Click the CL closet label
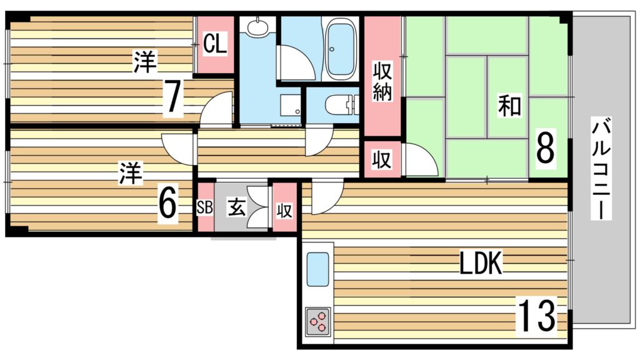coord(215,44)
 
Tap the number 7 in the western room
coord(172,97)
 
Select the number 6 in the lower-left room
coord(167,203)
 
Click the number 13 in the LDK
coord(536,315)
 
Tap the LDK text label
coord(481,262)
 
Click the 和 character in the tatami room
coord(510,106)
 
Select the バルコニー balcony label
coord(601,168)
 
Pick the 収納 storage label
coord(382,81)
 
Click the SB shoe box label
coord(204,207)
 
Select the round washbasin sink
coord(257,27)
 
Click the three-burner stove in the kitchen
coord(318,321)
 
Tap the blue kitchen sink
coord(317,269)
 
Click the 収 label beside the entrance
coord(284,211)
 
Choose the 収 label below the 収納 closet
coord(382,159)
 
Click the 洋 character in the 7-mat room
coord(145,62)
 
